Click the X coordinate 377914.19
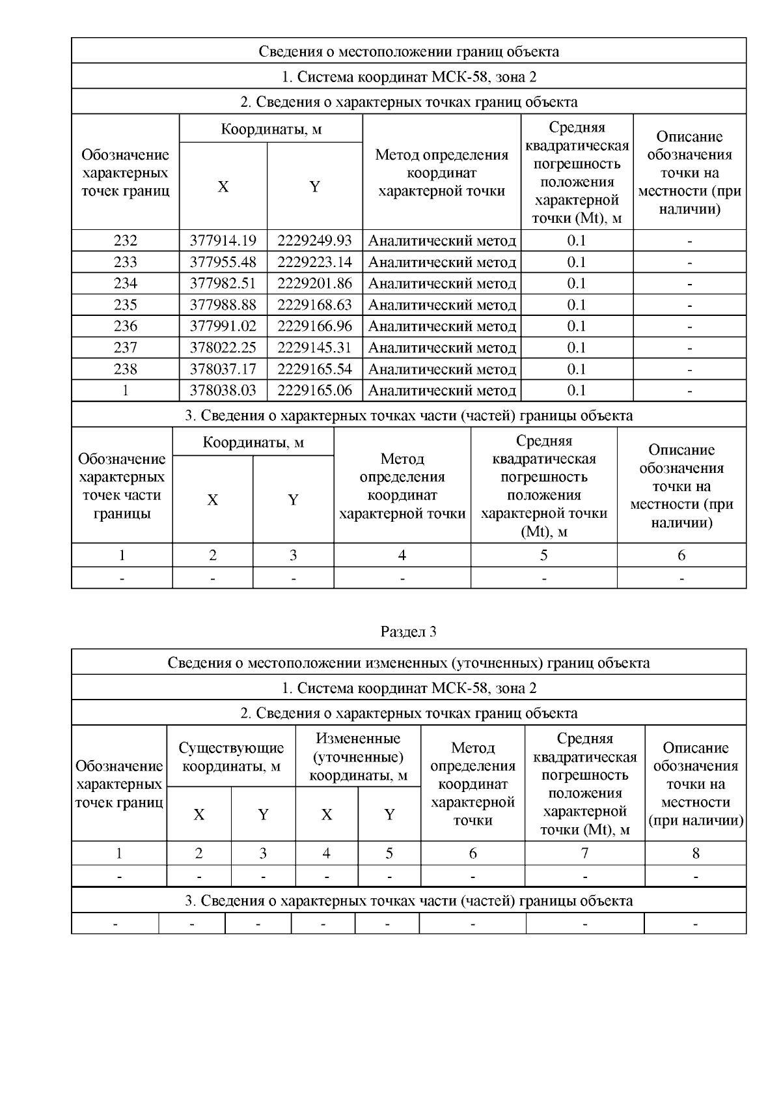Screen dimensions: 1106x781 [223, 241]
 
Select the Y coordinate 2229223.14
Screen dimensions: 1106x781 [314, 262]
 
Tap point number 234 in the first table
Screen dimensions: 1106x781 [125, 283]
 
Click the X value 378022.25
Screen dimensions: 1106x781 [223, 348]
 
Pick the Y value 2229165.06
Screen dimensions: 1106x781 [314, 390]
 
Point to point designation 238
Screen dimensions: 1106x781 [125, 369]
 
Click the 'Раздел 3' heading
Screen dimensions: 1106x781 [408, 631]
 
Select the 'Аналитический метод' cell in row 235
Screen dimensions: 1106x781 [442, 305]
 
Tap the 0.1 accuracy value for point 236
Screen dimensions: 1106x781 [577, 326]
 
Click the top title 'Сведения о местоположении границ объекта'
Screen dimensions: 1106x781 [408, 51]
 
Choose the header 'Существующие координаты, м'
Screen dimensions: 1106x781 [231, 757]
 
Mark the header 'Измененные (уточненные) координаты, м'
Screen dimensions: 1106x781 [358, 757]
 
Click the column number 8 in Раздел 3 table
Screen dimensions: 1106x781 [695, 853]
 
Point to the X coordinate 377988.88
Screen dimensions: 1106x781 [223, 305]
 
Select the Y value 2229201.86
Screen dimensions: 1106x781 [314, 283]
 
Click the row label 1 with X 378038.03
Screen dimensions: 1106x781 [125, 390]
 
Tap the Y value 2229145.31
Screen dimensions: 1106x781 [314, 348]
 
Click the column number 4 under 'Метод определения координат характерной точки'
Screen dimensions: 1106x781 [402, 555]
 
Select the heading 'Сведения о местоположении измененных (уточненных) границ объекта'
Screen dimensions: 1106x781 [408, 663]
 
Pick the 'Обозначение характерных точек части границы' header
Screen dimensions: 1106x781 [122, 486]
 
